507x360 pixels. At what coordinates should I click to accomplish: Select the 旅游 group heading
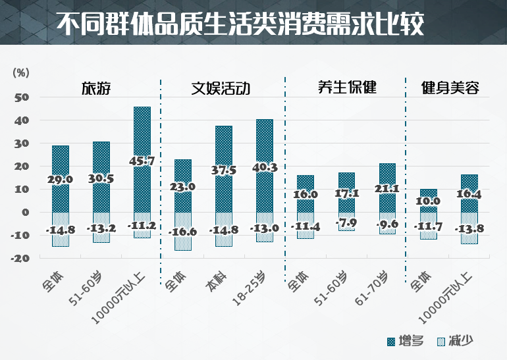95,88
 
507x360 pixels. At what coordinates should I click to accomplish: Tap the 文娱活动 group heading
221,88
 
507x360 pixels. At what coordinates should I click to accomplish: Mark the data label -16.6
182,232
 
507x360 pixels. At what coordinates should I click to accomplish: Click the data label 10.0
429,201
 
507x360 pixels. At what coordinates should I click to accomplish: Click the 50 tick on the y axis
22,97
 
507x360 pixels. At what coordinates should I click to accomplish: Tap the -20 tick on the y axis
21,259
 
